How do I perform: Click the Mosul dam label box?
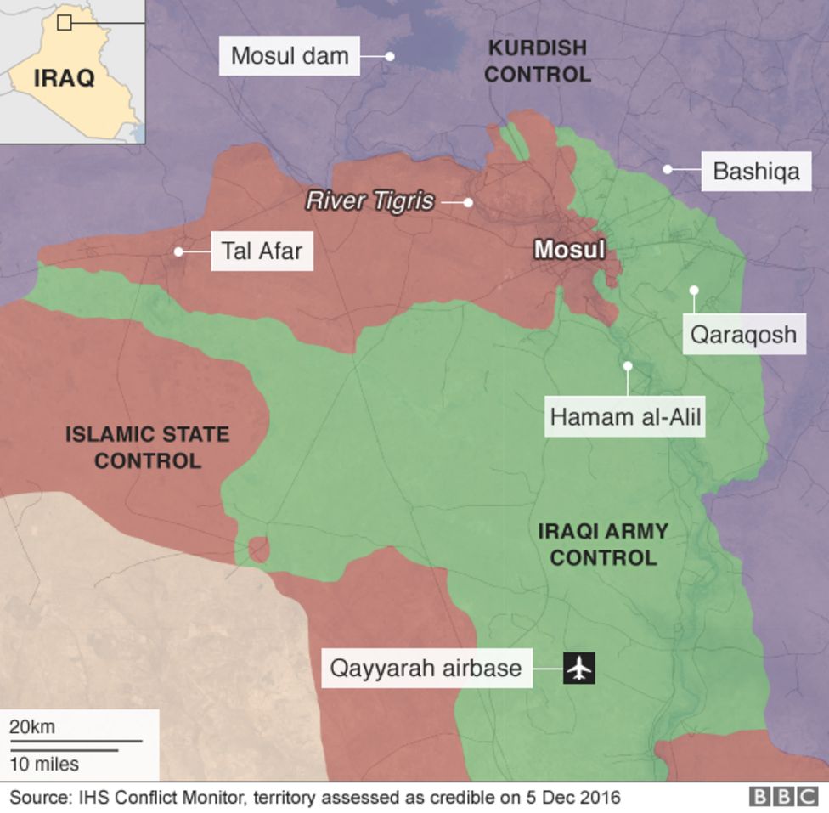coord(290,56)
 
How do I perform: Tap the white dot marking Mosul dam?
coord(390,56)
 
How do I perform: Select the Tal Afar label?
coord(262,251)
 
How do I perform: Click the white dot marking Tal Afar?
coord(178,251)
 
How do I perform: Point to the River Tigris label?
coord(369,201)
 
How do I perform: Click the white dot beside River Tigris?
coord(468,202)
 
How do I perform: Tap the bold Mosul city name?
coord(569,250)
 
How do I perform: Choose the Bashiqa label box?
coord(755,171)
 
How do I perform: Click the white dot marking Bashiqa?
coord(668,169)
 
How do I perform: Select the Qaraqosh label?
coord(743,334)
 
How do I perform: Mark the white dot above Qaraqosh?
coord(694,290)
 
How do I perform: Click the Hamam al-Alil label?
coord(626,417)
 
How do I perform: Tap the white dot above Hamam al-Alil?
coord(628,366)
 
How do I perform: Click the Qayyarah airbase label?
coord(426,668)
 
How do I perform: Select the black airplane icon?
coord(579,668)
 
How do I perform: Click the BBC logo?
coord(783,797)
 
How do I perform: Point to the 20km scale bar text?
coord(32,727)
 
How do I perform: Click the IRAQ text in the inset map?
coord(64,79)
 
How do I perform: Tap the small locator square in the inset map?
coord(64,22)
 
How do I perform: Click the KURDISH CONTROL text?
coord(537,61)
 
